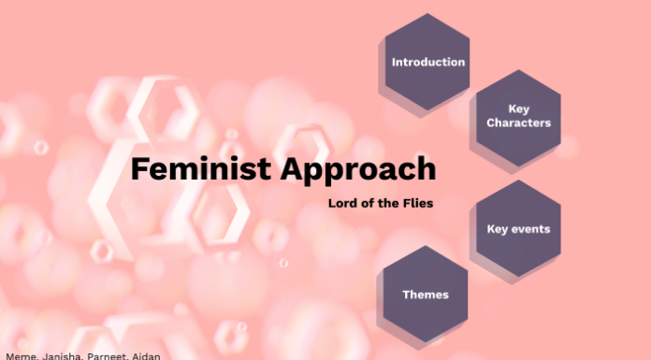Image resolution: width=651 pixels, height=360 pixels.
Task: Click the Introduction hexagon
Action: pos(427,62)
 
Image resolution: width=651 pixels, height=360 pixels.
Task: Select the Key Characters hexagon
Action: pos(518,117)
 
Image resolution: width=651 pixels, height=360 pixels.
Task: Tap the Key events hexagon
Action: pos(518,228)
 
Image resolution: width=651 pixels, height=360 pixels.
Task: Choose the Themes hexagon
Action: pos(426,294)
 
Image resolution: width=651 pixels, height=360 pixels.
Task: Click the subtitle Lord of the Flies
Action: pos(381,203)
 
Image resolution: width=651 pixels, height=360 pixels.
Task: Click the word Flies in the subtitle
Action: pos(419,203)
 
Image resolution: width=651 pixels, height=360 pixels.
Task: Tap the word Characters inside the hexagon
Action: pos(518,123)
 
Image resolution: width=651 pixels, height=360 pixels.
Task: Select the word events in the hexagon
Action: pos(530,228)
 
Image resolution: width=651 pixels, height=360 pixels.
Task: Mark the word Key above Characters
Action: pos(519,109)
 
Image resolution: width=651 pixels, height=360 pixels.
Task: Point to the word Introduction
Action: pos(428,63)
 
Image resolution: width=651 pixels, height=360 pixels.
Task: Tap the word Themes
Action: pos(426,295)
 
